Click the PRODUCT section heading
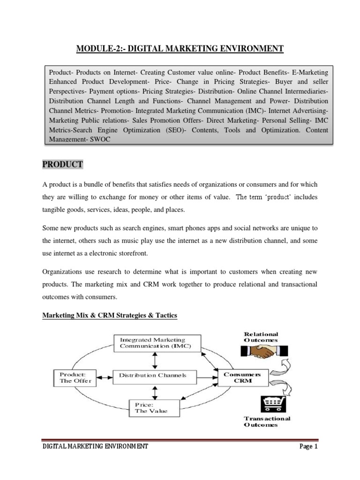click(63, 165)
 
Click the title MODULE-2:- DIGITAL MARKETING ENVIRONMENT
click(180, 48)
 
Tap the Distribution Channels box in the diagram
click(153, 375)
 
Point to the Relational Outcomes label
click(261, 337)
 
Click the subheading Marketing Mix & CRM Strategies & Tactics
click(110, 316)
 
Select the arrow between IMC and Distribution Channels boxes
click(155, 360)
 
